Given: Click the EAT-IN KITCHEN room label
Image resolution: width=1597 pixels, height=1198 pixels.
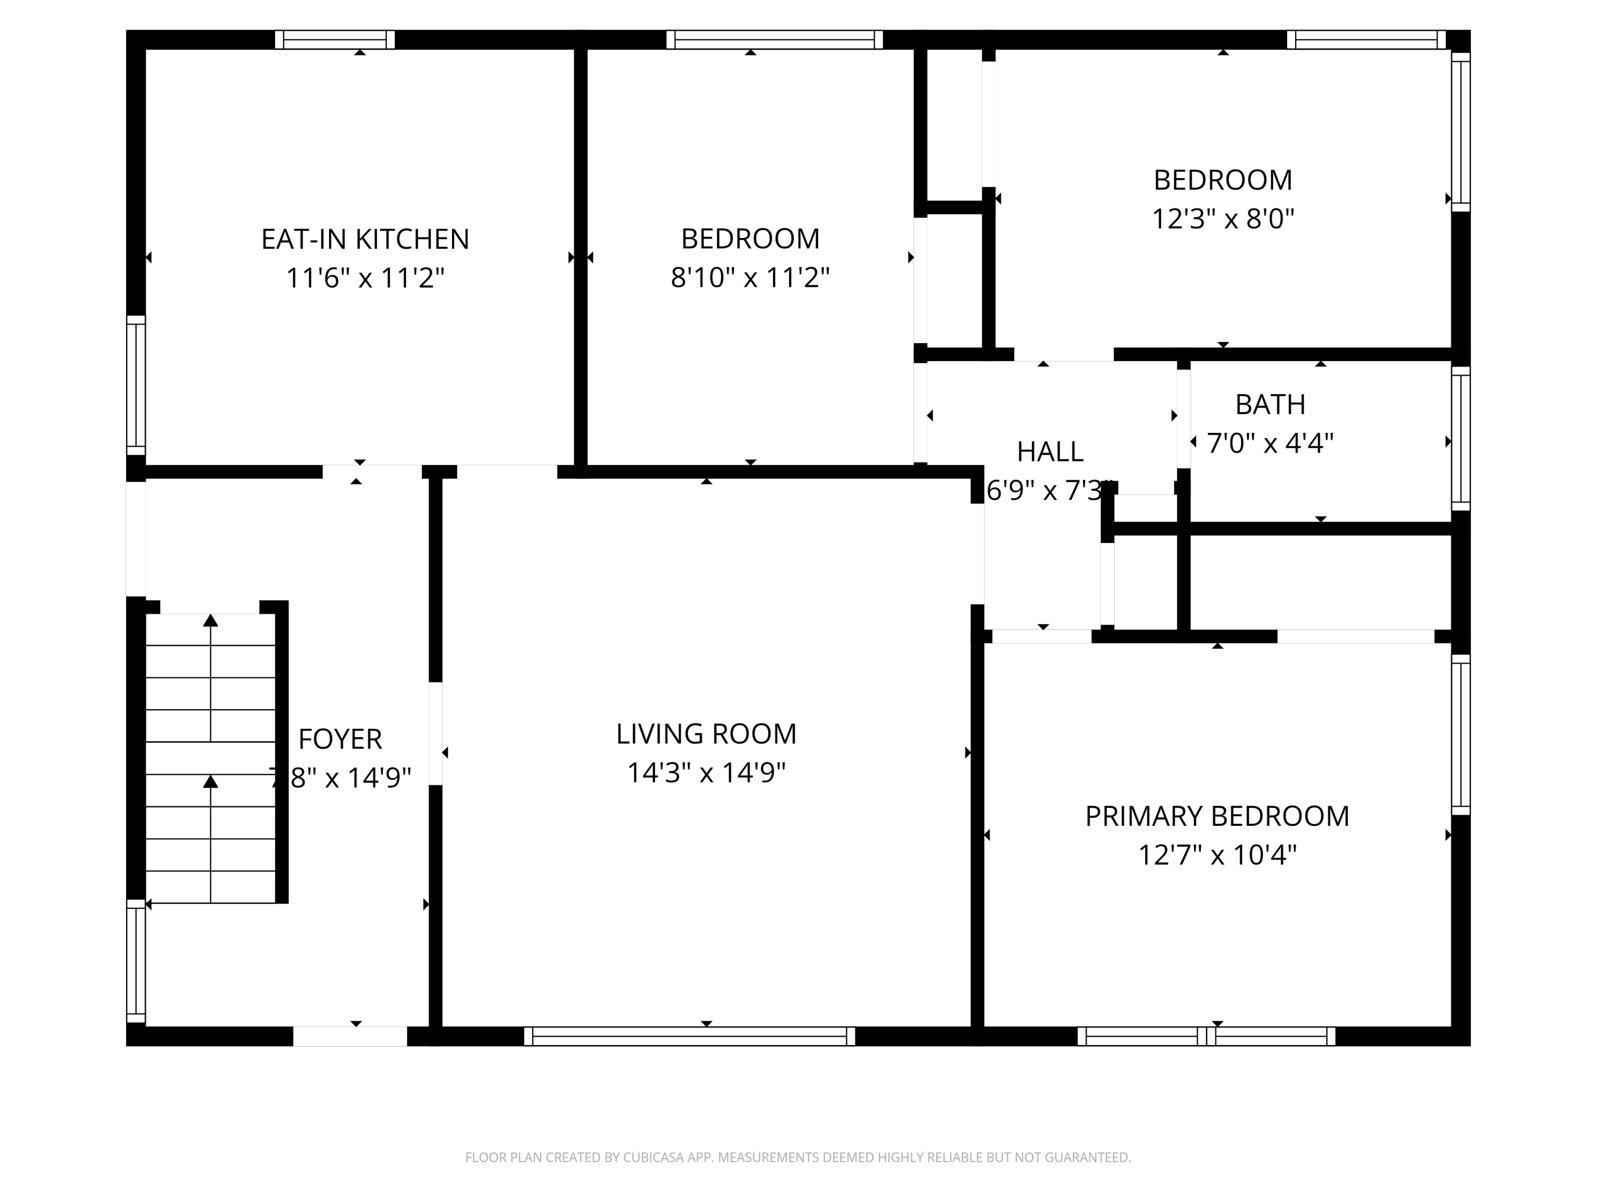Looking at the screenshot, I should pyautogui.click(x=365, y=239).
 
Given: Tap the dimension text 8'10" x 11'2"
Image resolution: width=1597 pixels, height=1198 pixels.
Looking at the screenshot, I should pyautogui.click(x=750, y=277).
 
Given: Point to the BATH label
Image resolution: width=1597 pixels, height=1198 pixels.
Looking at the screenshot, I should pyautogui.click(x=1270, y=404).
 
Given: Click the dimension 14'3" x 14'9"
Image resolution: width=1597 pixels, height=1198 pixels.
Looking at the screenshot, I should pyautogui.click(x=705, y=773).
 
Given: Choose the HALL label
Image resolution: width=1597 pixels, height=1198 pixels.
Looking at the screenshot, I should pyautogui.click(x=1050, y=452).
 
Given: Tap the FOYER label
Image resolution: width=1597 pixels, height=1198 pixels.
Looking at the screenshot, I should pyautogui.click(x=340, y=740).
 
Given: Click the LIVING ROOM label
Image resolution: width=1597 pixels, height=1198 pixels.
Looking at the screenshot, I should pyautogui.click(x=705, y=734).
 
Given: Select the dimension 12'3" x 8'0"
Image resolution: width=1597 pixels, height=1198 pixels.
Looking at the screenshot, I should pyautogui.click(x=1222, y=219).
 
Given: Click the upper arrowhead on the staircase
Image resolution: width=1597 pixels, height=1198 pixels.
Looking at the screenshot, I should pyautogui.click(x=210, y=620).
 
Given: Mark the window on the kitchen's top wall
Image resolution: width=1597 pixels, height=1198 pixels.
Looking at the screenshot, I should pyautogui.click(x=335, y=40).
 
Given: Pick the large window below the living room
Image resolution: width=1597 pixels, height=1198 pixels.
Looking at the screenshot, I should pyautogui.click(x=689, y=1036).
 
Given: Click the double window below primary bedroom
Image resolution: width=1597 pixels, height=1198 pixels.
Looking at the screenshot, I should pyautogui.click(x=1206, y=1036).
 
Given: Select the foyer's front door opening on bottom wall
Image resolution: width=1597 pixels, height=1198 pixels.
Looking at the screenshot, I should pyautogui.click(x=350, y=1036).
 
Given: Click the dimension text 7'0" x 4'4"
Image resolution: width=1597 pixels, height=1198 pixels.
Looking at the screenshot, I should pyautogui.click(x=1270, y=444).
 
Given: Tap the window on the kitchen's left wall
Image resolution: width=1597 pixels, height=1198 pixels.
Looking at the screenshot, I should pyautogui.click(x=136, y=385).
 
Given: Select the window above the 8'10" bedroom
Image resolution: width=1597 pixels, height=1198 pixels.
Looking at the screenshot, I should pyautogui.click(x=774, y=40).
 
